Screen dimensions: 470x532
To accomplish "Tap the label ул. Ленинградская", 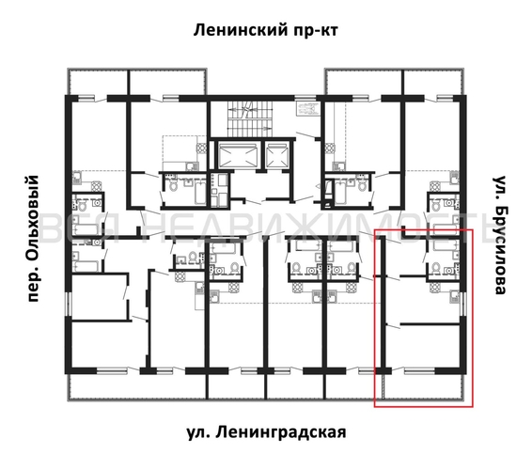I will click(x=266, y=432).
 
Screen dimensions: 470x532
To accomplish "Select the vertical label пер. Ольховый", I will click(x=35, y=235).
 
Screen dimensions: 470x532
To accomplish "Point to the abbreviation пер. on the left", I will click(x=35, y=283).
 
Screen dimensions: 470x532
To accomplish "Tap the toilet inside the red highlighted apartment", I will click(x=438, y=267).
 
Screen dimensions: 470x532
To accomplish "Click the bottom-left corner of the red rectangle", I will click(x=375, y=407).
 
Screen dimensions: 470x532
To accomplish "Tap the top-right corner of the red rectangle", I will click(x=473, y=229).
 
